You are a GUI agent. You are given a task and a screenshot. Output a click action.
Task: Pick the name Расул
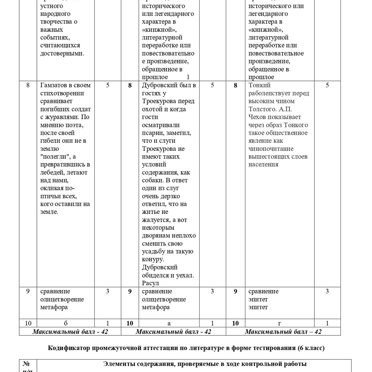[x=151, y=283]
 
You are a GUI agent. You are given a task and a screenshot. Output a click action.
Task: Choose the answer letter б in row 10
[x=66, y=323]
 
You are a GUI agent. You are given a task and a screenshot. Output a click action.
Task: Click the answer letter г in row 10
[x=280, y=323]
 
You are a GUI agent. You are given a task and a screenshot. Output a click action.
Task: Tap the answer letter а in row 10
[x=169, y=323]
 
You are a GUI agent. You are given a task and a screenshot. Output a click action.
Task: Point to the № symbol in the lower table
[x=26, y=364]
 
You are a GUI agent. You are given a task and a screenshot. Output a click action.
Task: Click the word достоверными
[x=62, y=53]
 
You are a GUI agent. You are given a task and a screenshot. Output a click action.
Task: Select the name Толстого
[x=262, y=109]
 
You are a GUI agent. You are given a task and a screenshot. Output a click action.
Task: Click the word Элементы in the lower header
[x=117, y=364]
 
